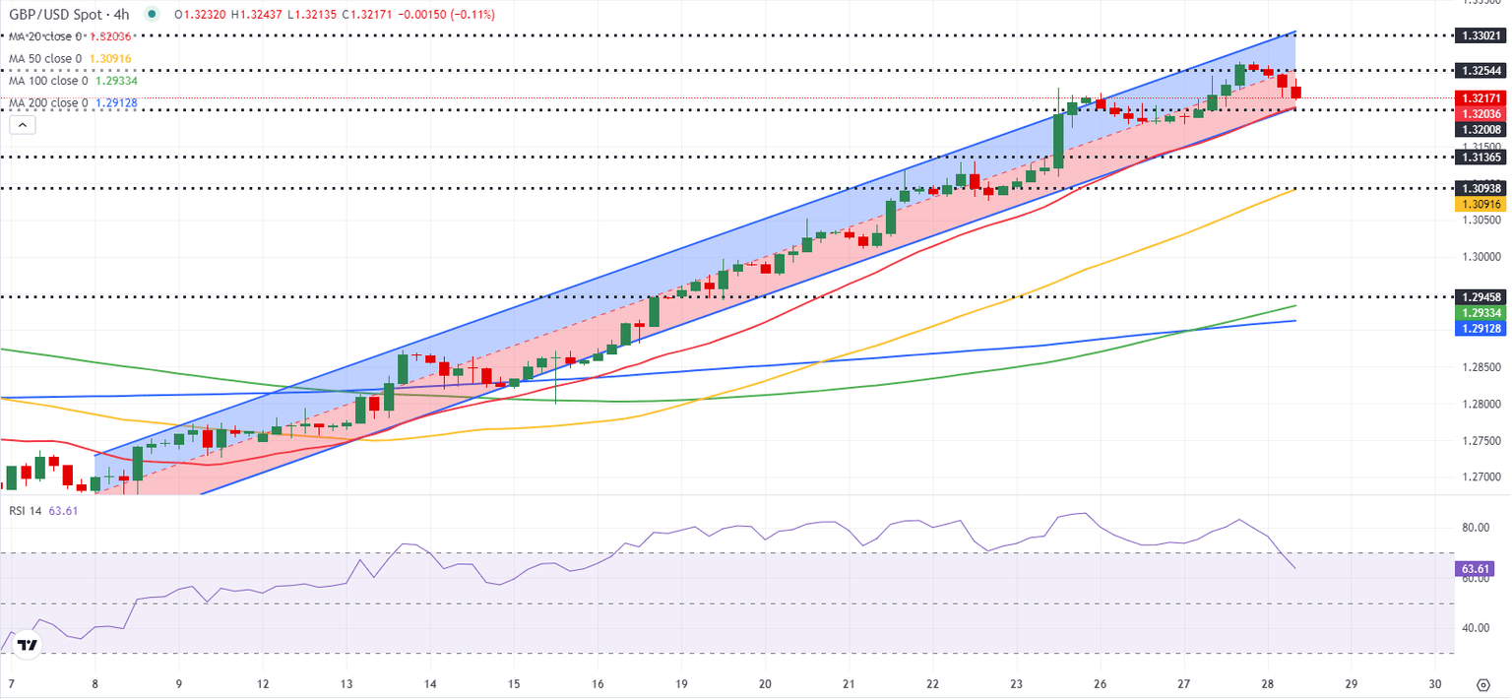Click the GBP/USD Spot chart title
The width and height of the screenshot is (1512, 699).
70,15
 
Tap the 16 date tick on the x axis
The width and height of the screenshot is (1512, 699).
598,684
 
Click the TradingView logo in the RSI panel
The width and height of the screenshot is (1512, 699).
28,646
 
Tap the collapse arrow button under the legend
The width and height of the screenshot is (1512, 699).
22,125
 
